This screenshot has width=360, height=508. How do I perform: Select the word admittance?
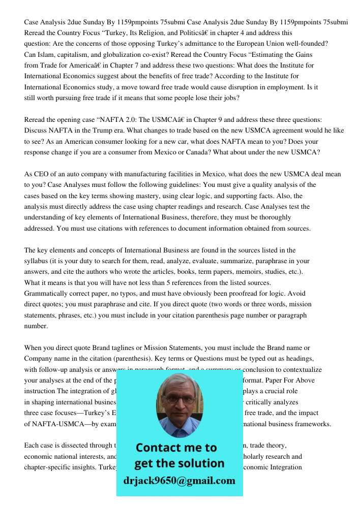click(x=215, y=44)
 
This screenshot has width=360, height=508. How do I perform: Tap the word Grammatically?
click(x=46, y=294)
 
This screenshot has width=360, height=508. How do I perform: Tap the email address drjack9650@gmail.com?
click(x=179, y=481)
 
